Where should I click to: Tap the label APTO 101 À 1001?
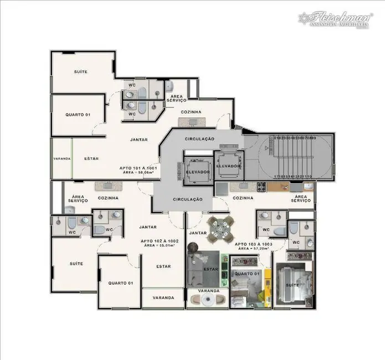click(x=138, y=167)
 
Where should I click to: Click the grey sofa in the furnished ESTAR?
click(x=198, y=270)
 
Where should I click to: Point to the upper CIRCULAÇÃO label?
click(x=199, y=138)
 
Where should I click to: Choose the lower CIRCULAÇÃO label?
click(x=187, y=199)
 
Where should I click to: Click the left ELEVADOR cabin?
click(x=198, y=172)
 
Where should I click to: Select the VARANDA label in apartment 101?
click(x=62, y=159)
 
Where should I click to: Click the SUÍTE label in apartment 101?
click(x=81, y=72)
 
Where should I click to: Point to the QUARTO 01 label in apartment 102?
click(x=121, y=283)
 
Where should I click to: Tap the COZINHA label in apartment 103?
click(x=243, y=198)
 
